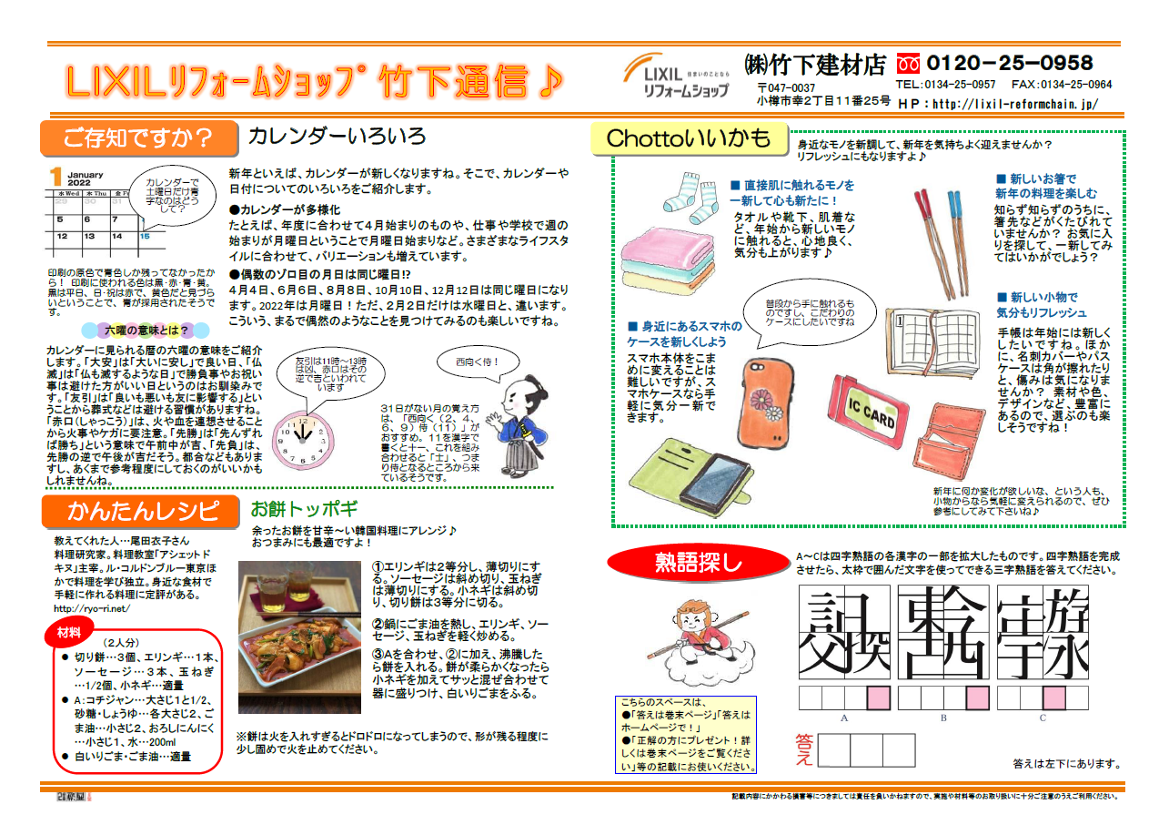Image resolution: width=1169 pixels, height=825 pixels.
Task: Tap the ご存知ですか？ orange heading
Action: point(137,138)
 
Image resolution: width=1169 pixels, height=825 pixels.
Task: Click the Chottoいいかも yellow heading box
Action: point(688,138)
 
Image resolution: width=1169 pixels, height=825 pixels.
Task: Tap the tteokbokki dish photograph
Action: point(299,637)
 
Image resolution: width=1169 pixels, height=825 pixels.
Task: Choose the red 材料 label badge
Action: point(68,632)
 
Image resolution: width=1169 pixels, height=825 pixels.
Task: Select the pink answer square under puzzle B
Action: point(978,698)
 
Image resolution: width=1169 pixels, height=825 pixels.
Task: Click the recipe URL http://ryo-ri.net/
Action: point(92,607)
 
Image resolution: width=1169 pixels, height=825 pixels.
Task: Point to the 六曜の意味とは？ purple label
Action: point(147,330)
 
